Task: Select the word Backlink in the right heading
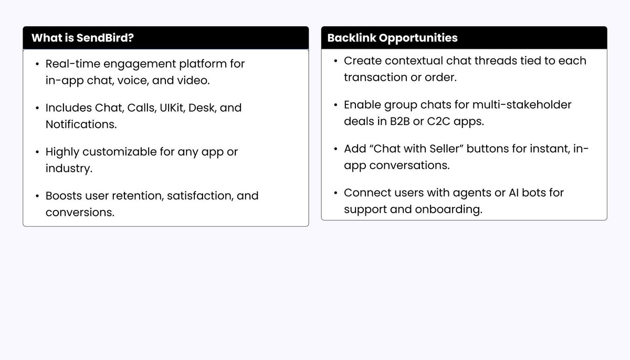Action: coord(351,38)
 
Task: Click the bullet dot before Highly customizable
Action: coord(37,153)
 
